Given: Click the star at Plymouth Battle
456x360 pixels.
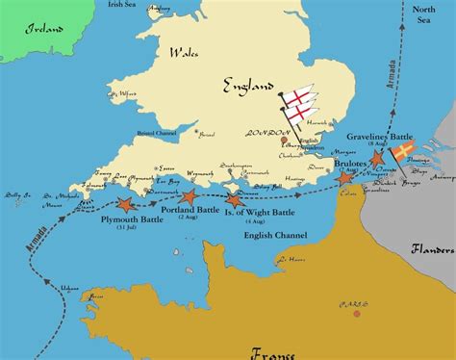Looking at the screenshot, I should [124, 204].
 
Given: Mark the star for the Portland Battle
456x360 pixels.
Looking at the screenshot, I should [188, 195].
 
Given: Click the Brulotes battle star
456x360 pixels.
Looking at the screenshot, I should [343, 179].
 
